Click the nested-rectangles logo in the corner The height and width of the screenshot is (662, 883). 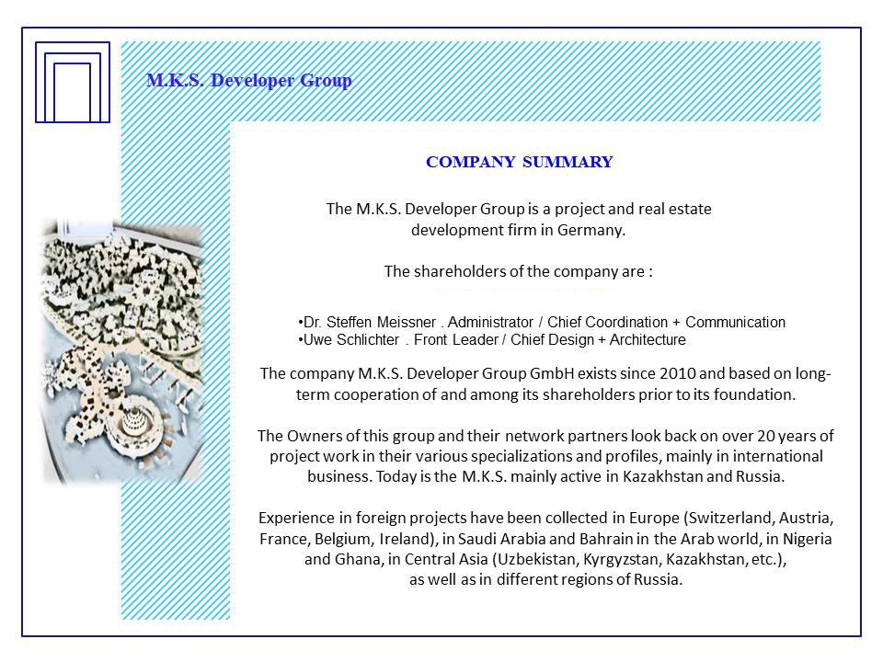[72, 82]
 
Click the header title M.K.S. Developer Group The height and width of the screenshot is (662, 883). [248, 81]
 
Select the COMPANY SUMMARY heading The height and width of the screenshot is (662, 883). [519, 163]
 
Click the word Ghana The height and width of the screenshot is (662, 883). [354, 560]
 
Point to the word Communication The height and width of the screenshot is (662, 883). [735, 323]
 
